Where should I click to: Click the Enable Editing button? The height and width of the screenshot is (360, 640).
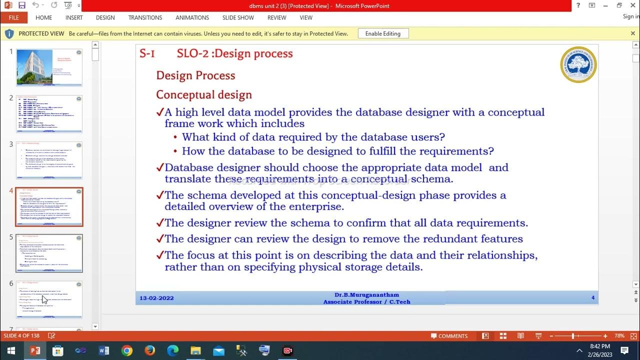tap(383, 33)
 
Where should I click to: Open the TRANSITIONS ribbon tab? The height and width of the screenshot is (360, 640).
tap(145, 17)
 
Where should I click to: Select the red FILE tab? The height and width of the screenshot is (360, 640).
tap(13, 17)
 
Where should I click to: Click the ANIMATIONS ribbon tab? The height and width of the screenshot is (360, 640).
tap(192, 17)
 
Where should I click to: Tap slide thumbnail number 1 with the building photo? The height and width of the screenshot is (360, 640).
tap(48, 67)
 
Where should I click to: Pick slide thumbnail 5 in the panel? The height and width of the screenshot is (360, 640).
tap(48, 253)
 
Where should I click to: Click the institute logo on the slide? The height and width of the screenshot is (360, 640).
tap(578, 64)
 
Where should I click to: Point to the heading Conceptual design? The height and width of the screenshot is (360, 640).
tap(204, 95)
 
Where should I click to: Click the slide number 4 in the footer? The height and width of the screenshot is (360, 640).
tap(593, 298)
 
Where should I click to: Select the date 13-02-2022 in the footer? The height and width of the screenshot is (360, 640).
tap(156, 298)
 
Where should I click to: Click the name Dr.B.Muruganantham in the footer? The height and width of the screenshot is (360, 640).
tap(366, 295)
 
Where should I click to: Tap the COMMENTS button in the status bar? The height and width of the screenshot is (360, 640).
tap(449, 336)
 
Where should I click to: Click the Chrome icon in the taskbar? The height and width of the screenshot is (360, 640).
tap(127, 350)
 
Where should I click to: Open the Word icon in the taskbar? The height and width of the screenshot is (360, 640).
tap(104, 350)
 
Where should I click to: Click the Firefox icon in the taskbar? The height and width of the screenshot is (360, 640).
tap(149, 350)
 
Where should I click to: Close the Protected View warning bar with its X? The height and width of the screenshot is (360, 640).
tap(632, 33)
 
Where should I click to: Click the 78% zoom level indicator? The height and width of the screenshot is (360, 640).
tap(619, 336)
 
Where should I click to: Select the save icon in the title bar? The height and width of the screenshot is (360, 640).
tap(21, 5)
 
